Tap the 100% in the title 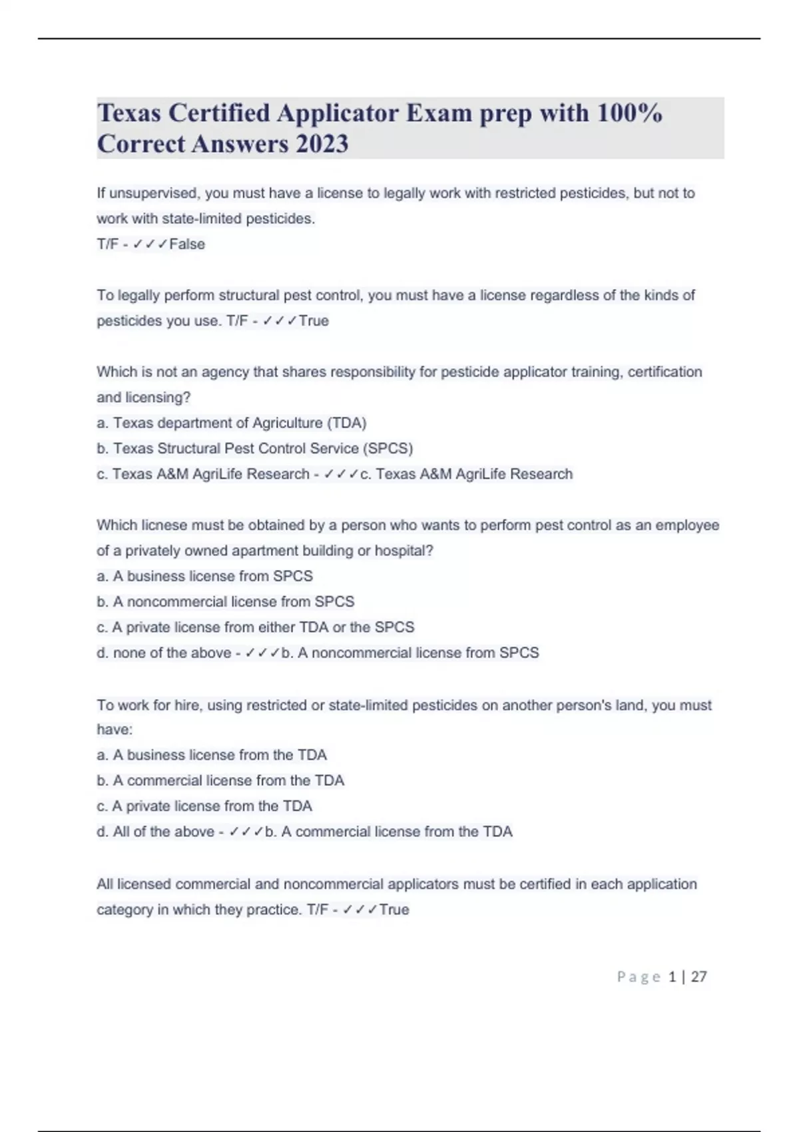pyautogui.click(x=630, y=113)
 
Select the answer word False pyautogui.click(x=187, y=244)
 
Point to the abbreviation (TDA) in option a pyautogui.click(x=346, y=423)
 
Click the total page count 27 pyautogui.click(x=698, y=977)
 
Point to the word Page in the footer pyautogui.click(x=639, y=977)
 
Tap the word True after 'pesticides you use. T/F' pyautogui.click(x=314, y=321)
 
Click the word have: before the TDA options pyautogui.click(x=115, y=730)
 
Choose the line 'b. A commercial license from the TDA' pyautogui.click(x=220, y=780)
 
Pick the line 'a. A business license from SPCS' pyautogui.click(x=204, y=576)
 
